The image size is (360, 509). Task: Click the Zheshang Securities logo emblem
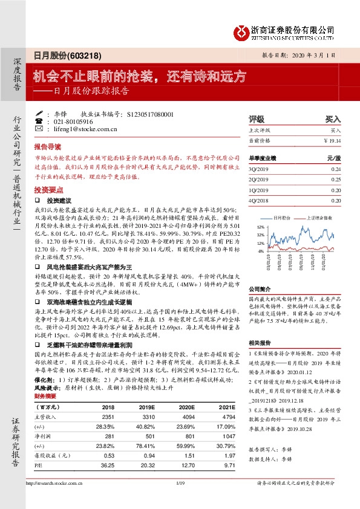pyautogui.click(x=241, y=31)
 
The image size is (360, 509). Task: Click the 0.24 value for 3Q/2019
pyautogui.click(x=336, y=169)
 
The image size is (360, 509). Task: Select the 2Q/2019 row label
pyautogui.click(x=258, y=179)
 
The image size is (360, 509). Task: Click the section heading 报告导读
pyautogui.click(x=47, y=147)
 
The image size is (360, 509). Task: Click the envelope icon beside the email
pyautogui.click(x=39, y=129)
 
